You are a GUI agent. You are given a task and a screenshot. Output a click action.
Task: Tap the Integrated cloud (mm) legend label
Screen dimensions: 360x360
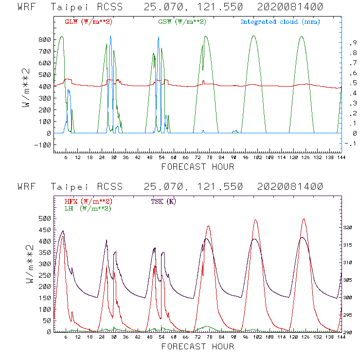point(280,22)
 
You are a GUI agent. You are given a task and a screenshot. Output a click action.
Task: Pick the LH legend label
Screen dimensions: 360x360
point(87,208)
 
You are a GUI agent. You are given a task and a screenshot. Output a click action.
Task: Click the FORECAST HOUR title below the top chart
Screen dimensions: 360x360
point(198,167)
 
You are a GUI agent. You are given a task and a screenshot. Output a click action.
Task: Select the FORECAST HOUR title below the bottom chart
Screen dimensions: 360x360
point(198,346)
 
